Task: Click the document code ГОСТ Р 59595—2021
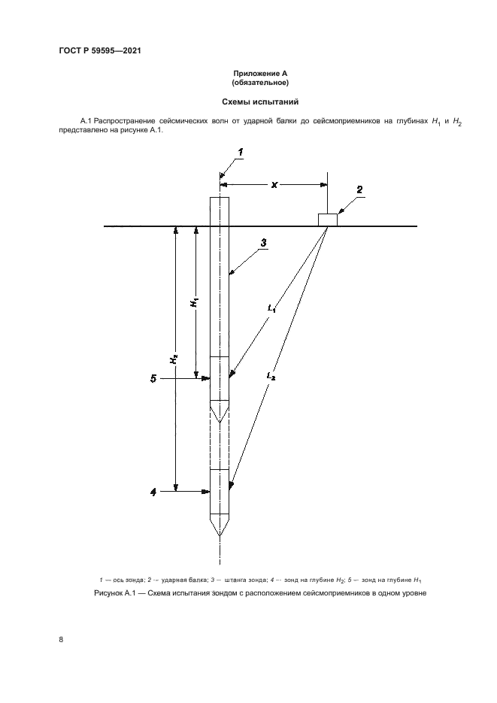99,51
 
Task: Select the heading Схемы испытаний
249,101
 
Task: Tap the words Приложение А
249,73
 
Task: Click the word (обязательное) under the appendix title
249,82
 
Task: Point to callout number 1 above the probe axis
241,153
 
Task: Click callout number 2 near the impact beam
359,190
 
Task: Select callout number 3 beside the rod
264,243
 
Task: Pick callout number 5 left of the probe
153,379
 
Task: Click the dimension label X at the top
274,183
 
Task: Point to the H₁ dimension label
194,302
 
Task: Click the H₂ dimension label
173,359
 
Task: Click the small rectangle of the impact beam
328,219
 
